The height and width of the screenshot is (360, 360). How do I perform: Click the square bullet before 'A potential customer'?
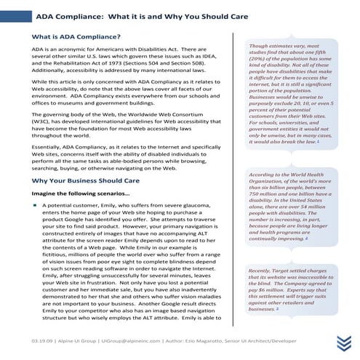(x=35, y=207)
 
